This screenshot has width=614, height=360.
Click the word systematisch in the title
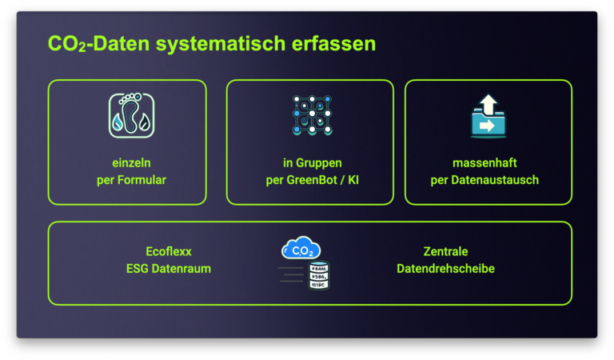tap(221, 44)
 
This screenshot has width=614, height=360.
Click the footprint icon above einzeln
tap(132, 115)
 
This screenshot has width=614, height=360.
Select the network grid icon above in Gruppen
tap(312, 115)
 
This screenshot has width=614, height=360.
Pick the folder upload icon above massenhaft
tap(488, 116)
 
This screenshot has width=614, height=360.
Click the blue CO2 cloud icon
tap(301, 247)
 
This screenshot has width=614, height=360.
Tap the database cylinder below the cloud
tap(319, 275)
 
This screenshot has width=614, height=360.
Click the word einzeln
tap(132, 162)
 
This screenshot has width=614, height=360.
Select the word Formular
tap(142, 180)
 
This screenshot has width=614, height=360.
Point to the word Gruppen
tap(319, 163)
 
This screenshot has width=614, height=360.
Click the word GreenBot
tap(312, 180)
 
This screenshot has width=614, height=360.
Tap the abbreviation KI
tap(353, 180)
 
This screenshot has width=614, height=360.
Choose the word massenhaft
tap(484, 162)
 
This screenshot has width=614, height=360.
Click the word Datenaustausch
tap(495, 180)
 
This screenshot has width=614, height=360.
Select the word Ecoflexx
tap(169, 251)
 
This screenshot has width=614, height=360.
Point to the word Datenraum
tap(181, 269)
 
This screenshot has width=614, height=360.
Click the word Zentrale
tap(445, 251)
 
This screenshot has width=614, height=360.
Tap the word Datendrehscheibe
tap(445, 269)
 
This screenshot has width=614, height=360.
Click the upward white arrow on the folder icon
tap(488, 103)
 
